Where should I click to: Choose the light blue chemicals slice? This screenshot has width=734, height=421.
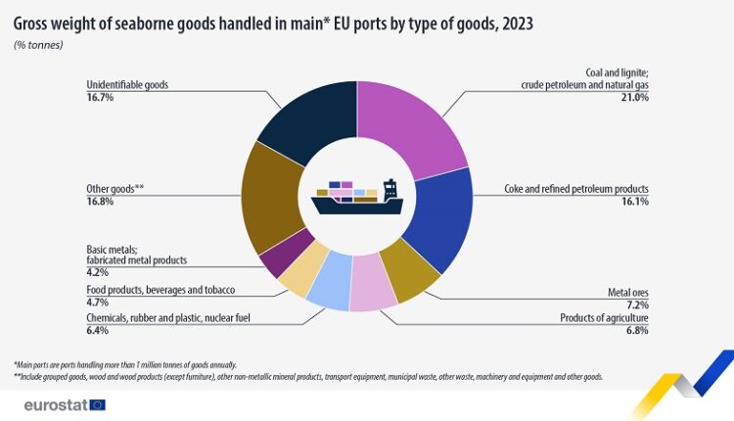pos(330,280)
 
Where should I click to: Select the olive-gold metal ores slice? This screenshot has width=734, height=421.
pos(409,271)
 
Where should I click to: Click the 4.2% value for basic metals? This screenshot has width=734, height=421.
pos(97,272)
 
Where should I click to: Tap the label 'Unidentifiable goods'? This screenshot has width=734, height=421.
pos(127,85)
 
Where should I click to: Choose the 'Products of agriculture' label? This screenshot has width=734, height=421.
pos(605,318)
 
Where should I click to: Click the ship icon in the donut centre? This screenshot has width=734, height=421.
pos(357,197)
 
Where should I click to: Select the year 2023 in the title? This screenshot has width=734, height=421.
pos(518,23)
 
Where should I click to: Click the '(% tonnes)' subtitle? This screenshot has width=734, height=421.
pos(38,45)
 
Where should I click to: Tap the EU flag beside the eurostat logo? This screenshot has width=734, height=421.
pos(97,404)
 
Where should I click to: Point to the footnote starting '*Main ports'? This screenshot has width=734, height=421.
pos(125,365)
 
